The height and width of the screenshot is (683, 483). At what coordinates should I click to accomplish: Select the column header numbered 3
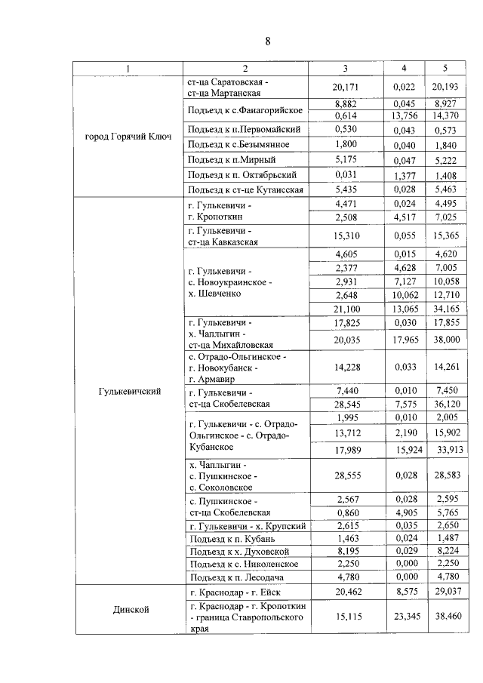[x=344, y=69]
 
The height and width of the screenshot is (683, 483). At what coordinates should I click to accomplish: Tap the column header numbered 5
[x=445, y=69]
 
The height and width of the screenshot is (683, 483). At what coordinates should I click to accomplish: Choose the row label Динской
[x=128, y=608]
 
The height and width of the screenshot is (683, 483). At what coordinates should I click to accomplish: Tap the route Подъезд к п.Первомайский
[x=247, y=130]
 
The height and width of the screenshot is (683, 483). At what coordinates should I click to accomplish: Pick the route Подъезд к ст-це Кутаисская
[x=247, y=189]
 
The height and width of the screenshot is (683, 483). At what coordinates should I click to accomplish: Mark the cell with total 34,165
[x=445, y=308]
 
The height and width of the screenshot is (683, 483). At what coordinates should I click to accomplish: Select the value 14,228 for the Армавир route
[x=344, y=368]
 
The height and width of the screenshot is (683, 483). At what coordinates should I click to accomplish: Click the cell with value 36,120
[x=445, y=404]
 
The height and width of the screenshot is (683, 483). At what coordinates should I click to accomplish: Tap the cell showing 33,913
[x=445, y=451]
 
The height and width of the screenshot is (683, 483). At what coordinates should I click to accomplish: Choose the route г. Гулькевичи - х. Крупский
[x=247, y=525]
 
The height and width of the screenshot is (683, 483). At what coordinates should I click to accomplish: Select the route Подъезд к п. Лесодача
[x=247, y=576]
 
